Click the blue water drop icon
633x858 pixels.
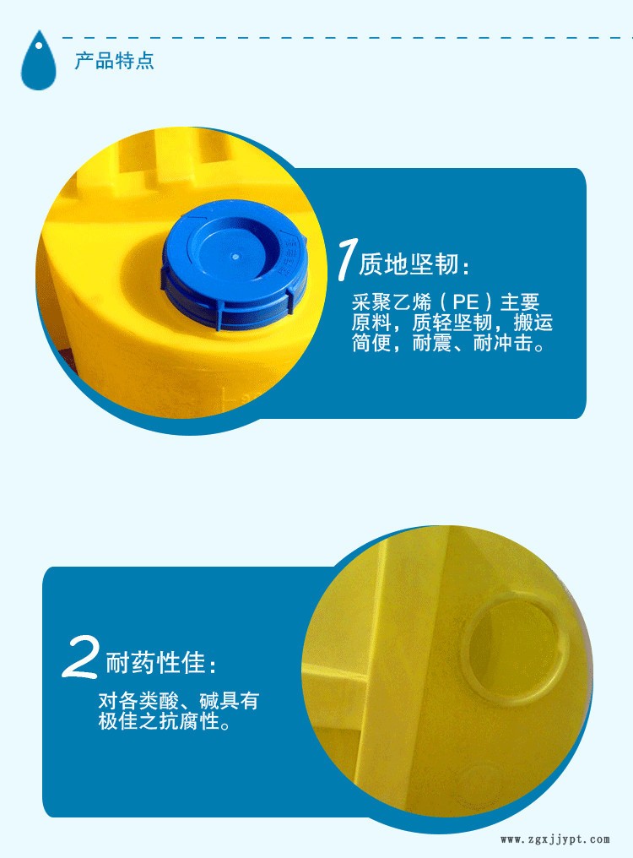[37, 60]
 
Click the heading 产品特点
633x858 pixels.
[114, 62]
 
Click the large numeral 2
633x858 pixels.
[83, 659]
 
